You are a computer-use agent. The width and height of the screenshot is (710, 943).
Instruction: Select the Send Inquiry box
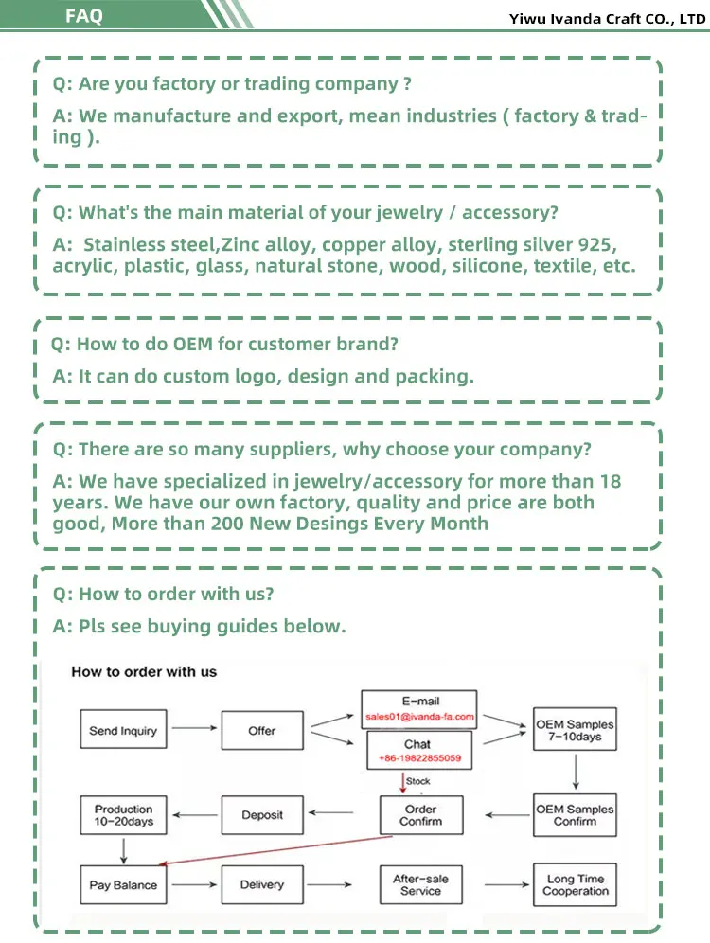click(x=123, y=731)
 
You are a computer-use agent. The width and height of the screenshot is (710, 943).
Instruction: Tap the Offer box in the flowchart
click(x=261, y=731)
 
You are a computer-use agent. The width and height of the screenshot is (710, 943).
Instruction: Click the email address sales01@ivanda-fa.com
click(x=420, y=718)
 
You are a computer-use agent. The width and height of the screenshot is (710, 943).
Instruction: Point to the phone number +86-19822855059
click(x=420, y=758)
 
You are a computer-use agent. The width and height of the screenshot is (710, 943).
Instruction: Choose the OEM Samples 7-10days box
click(x=575, y=730)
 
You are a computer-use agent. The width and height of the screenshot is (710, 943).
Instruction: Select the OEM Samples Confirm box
click(x=575, y=815)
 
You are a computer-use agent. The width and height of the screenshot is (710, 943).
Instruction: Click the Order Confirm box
click(x=420, y=815)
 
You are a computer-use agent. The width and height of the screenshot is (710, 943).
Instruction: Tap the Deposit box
click(x=261, y=815)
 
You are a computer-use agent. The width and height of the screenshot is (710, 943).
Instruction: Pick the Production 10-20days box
click(x=123, y=815)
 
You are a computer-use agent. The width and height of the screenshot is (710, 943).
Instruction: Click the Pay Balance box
click(x=123, y=885)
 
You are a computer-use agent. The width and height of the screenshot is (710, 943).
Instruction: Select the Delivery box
click(x=261, y=885)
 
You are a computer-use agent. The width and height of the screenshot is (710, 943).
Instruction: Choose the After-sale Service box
click(x=420, y=885)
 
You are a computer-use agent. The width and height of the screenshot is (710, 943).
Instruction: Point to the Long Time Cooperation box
click(x=575, y=885)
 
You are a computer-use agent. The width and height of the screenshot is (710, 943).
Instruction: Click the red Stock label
click(x=417, y=781)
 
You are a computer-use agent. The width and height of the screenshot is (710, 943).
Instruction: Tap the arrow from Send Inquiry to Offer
click(x=193, y=729)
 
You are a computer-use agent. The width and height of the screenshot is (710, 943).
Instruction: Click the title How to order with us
click(x=144, y=672)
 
